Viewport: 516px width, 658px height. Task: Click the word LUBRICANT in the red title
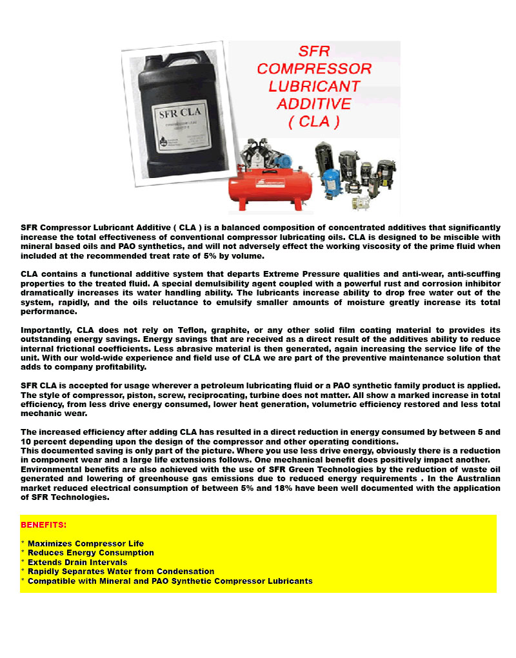pyautogui.click(x=314, y=86)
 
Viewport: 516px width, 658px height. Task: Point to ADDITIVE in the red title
pyautogui.click(x=314, y=103)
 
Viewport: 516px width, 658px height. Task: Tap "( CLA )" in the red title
pyautogui.click(x=314, y=121)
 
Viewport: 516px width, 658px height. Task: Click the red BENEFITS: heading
pyautogui.click(x=44, y=525)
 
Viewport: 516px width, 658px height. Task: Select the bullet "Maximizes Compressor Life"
pyautogui.click(x=85, y=544)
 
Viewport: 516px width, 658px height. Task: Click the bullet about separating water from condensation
pyautogui.click(x=121, y=572)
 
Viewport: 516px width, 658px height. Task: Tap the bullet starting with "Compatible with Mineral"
pyautogui.click(x=170, y=581)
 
